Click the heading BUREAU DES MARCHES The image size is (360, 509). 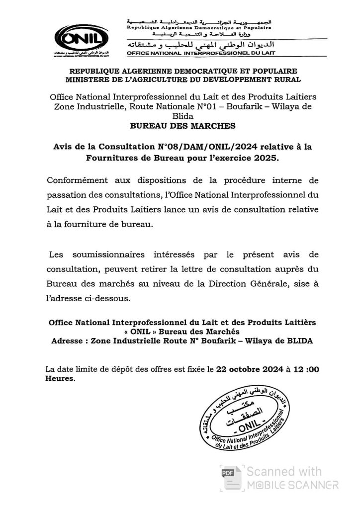click(180, 126)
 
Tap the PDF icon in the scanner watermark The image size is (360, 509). click(228, 472)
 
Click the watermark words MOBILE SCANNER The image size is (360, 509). click(293, 485)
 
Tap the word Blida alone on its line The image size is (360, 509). click(180, 115)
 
